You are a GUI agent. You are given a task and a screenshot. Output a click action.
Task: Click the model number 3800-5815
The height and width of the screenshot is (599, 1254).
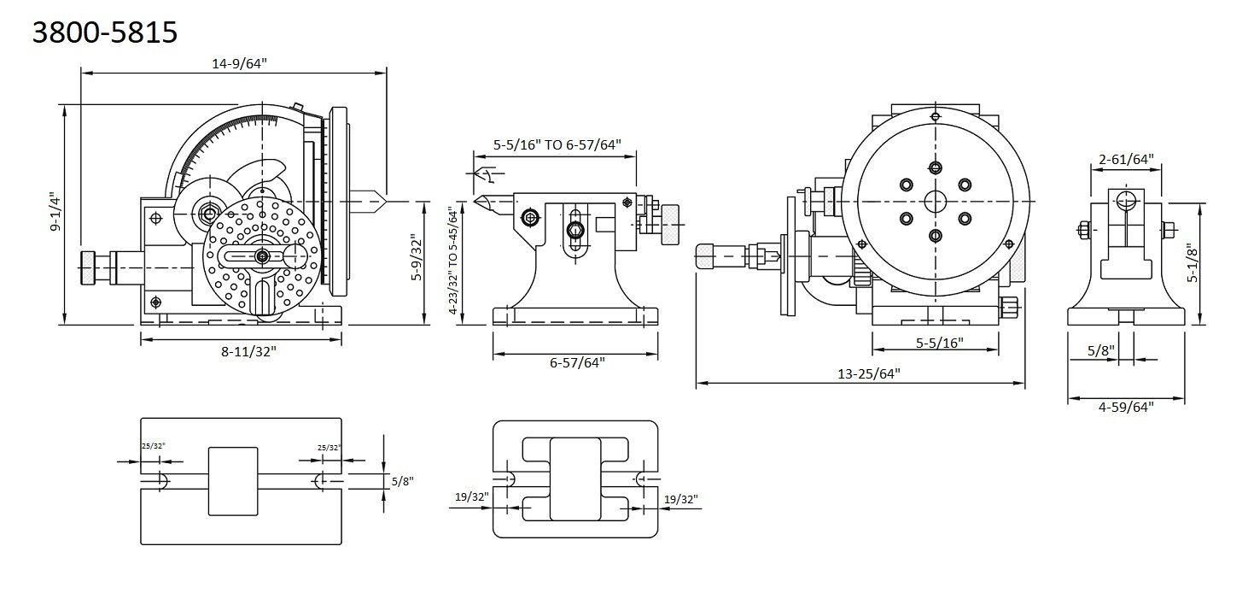point(104,32)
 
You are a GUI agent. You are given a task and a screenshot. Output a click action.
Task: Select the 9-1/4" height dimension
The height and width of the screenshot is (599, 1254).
point(54,213)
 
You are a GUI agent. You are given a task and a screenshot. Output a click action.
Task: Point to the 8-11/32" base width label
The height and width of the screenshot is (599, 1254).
point(242,351)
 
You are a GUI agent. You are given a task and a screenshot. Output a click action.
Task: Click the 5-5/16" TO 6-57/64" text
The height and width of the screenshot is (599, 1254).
point(557,144)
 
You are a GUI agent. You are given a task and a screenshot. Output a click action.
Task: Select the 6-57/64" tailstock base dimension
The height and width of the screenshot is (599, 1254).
point(577,362)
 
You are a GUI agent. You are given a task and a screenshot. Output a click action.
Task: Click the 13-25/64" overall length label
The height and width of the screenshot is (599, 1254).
point(862,373)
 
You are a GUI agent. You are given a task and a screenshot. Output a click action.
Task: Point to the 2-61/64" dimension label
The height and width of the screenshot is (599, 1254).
point(1125,158)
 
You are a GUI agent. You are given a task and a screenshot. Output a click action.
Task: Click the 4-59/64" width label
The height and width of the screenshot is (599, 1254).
point(1125,407)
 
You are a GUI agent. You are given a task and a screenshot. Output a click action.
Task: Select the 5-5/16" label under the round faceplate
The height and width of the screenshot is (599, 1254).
point(939,343)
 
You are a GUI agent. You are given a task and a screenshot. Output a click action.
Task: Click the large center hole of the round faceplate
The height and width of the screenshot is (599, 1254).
point(936,201)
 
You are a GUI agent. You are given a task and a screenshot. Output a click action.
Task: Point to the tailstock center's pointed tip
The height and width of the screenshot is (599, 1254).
point(475,203)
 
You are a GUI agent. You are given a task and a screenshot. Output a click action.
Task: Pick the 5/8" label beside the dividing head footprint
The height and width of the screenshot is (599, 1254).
point(402,481)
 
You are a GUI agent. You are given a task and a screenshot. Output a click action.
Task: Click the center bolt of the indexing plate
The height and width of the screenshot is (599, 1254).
point(261,256)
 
